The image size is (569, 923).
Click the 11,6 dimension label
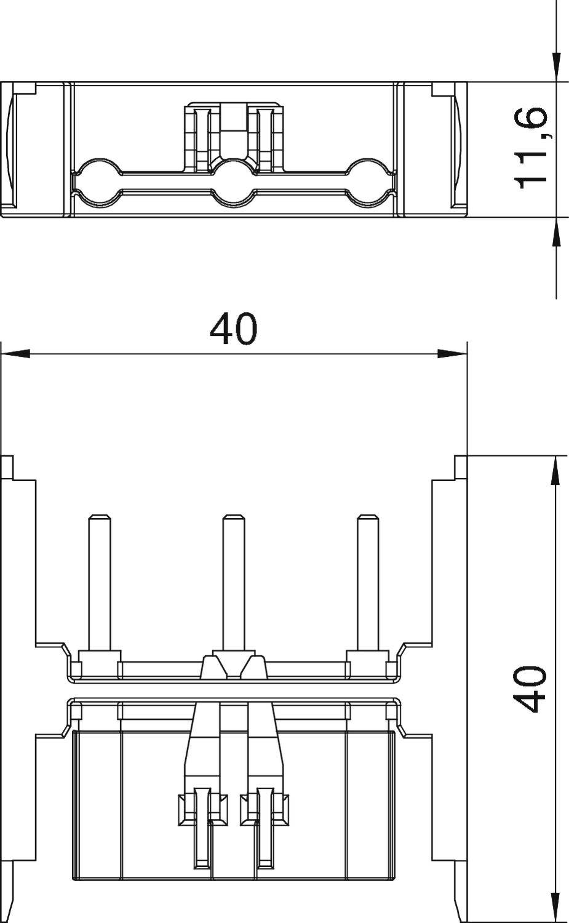[530, 148]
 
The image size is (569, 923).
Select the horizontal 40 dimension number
[233, 329]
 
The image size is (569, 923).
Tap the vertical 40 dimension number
[530, 688]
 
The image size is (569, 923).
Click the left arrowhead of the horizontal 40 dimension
[15, 354]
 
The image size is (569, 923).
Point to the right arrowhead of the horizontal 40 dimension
[452, 354]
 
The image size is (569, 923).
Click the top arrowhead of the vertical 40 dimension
[556, 471]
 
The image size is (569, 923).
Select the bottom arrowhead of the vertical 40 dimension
[556, 908]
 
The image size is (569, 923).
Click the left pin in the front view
[99, 581]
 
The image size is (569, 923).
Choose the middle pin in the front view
[233, 581]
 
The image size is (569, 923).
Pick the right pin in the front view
[367, 581]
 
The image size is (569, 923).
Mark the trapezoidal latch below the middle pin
[233, 666]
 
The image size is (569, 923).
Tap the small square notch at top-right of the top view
[441, 89]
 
